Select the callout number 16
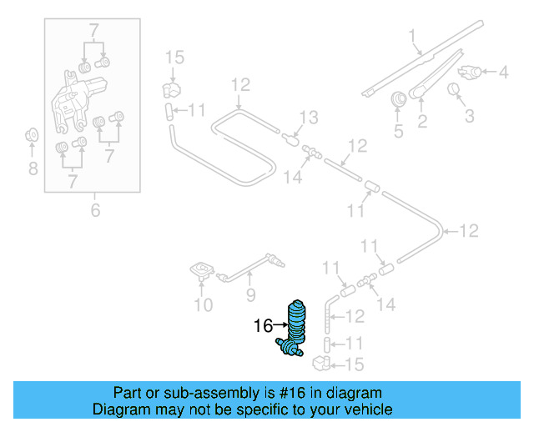coord(263,326)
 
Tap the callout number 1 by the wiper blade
coord(411,35)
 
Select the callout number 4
coord(503,73)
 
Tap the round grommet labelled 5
coord(398,99)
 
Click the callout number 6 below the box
coord(95,210)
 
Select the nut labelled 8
coord(32,134)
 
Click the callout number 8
coord(33,169)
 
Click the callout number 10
coord(203,305)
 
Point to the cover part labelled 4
coord(471,72)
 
